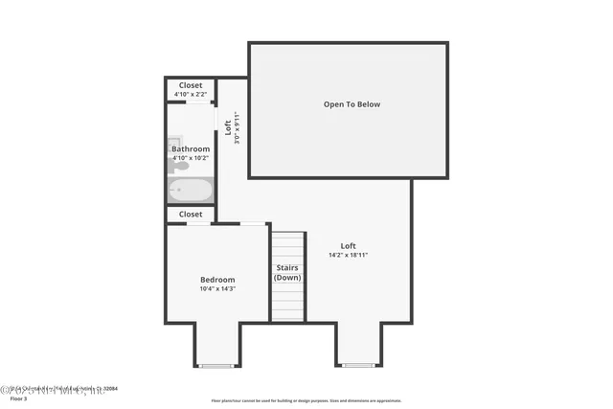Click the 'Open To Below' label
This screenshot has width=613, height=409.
[352, 104]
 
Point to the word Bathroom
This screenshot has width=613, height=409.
[191, 149]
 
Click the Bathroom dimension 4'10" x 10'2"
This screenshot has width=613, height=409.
[191, 158]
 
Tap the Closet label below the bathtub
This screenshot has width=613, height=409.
[191, 215]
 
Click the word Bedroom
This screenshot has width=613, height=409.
[217, 280]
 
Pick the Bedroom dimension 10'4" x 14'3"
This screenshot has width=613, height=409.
[217, 288]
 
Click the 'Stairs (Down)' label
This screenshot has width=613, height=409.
[287, 272]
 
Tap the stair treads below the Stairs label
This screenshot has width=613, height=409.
[287, 303]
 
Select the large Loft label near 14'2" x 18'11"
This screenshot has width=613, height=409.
[348, 246]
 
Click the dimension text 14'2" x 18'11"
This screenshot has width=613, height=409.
[348, 255]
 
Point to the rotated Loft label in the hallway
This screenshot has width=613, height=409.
[228, 127]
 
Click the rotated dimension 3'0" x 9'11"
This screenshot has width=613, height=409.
[237, 127]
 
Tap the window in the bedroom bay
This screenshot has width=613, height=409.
[216, 365]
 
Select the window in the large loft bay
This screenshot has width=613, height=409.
[358, 365]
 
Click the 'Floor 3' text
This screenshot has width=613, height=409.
[19, 398]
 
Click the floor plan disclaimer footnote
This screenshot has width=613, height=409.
[306, 400]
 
